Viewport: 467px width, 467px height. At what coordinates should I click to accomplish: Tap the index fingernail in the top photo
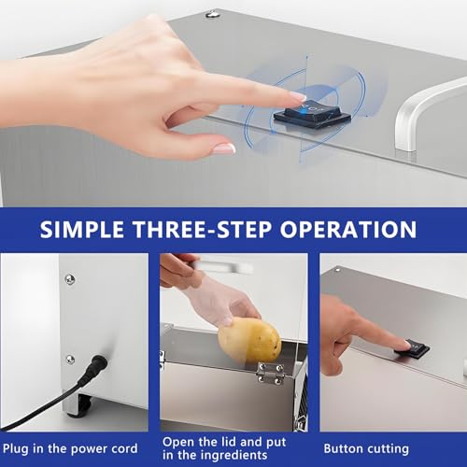point(298,96)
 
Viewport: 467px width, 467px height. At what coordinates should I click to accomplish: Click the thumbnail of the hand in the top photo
point(224,149)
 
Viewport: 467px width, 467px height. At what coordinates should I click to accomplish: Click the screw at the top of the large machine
point(212,14)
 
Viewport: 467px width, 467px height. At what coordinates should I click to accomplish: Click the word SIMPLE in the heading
point(81,230)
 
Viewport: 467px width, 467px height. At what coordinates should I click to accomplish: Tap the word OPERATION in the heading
point(348,230)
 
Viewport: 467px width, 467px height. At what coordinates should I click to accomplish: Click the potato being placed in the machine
point(249,340)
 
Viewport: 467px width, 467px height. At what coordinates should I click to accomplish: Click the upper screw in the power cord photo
point(69,279)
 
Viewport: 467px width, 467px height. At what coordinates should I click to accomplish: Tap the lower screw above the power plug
point(70,360)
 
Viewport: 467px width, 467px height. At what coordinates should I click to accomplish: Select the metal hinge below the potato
point(270,373)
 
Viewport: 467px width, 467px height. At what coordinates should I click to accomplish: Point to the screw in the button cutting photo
point(337,270)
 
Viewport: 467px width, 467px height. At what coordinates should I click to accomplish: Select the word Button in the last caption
point(343,449)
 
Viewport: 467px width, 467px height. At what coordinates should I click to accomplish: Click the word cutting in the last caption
point(387,449)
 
